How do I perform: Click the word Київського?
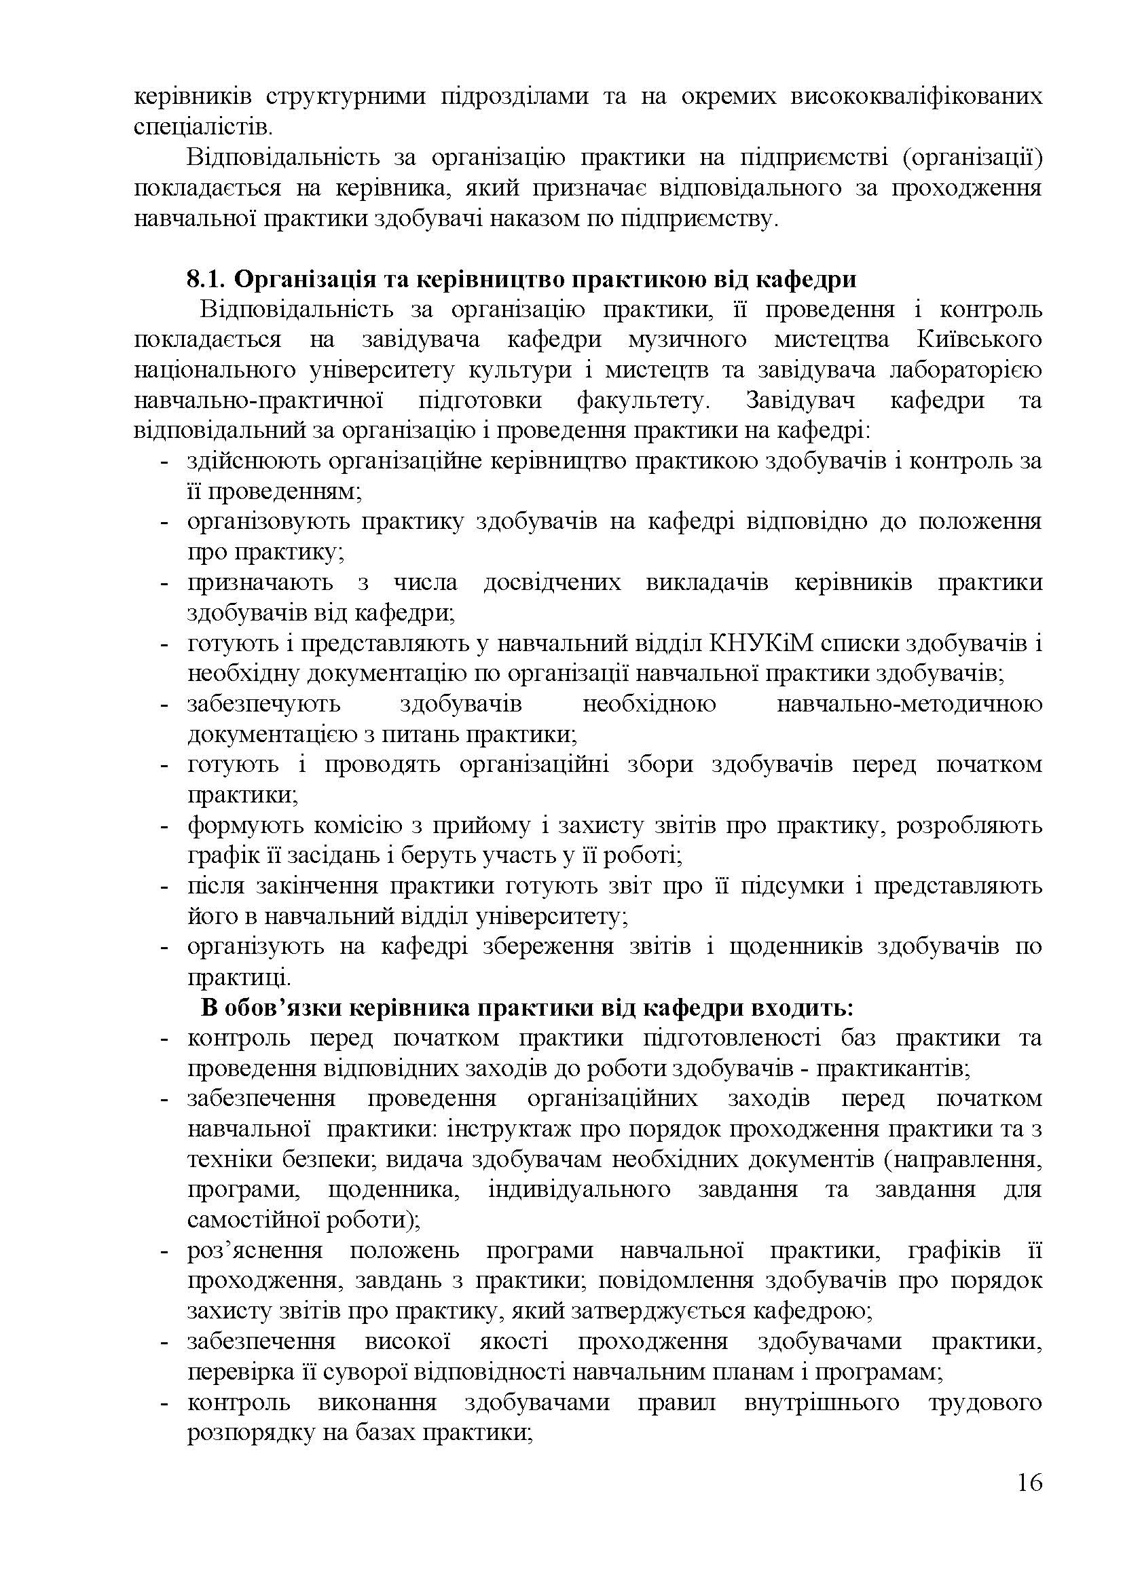[x=979, y=339]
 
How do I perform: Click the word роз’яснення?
[x=255, y=1251]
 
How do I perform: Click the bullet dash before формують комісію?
[x=164, y=826]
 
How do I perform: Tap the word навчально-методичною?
[x=909, y=704]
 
